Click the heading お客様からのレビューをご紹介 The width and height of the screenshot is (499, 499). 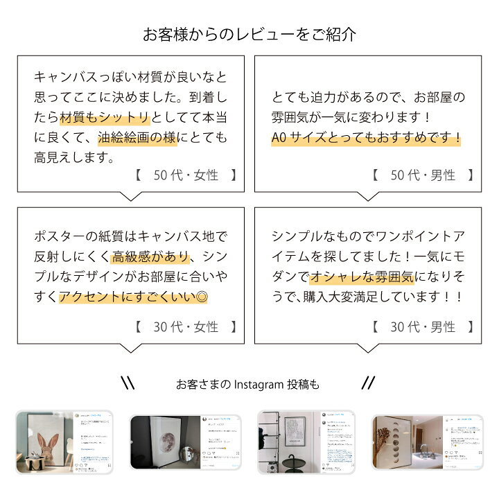249,33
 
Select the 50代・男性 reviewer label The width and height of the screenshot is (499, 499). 423,175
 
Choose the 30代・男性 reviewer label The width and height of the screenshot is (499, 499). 423,326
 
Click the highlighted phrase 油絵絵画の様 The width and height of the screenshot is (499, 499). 137,137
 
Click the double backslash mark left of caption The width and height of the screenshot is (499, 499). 128,383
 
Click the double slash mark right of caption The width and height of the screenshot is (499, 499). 368,383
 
